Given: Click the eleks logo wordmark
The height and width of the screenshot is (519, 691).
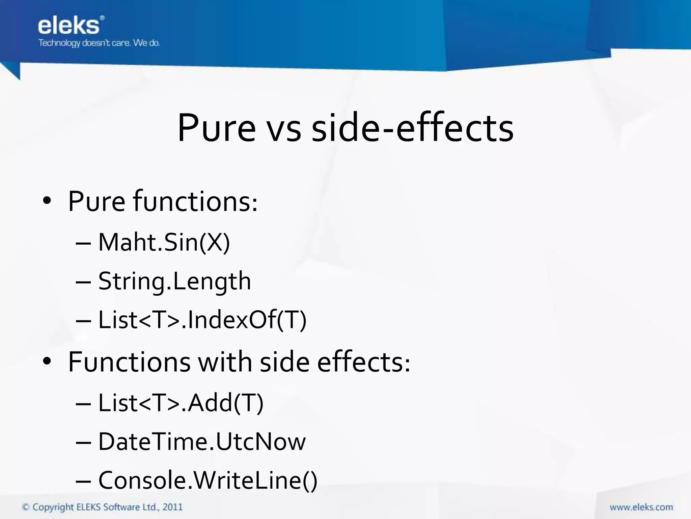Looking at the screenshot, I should [69, 26].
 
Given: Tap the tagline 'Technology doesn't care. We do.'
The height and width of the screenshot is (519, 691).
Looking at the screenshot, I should [99, 43].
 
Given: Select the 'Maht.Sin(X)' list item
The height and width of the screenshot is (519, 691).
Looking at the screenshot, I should [164, 242].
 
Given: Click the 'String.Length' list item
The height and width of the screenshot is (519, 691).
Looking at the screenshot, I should [174, 281].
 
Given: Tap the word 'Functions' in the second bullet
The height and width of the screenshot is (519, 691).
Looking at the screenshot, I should [129, 362].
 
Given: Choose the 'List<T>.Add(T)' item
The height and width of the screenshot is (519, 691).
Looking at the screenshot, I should [181, 403].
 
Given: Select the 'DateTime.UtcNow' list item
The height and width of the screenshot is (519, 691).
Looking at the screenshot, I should [202, 442].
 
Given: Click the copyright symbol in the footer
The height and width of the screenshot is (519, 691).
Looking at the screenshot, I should [26, 507].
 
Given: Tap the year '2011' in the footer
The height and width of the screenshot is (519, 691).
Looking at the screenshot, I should [172, 507].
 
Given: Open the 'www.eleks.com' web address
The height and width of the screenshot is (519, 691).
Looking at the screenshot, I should [641, 507].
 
